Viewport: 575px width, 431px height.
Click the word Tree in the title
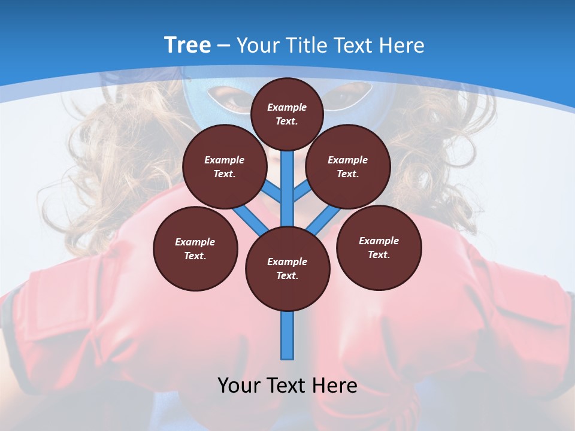click(187, 45)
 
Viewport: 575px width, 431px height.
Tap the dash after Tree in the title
click(223, 46)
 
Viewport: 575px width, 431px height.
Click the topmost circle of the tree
click(287, 114)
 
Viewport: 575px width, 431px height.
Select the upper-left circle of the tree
click(224, 167)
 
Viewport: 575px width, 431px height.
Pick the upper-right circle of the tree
click(347, 167)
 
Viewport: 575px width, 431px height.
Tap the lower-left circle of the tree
click(195, 248)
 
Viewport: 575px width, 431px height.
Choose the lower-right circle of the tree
click(379, 247)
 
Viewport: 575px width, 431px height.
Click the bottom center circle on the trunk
click(287, 269)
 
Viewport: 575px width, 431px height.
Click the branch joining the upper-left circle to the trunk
click(273, 192)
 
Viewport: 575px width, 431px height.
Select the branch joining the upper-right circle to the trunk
click(301, 192)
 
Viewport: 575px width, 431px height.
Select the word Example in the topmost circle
click(287, 107)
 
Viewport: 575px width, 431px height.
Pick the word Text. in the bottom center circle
click(287, 276)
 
